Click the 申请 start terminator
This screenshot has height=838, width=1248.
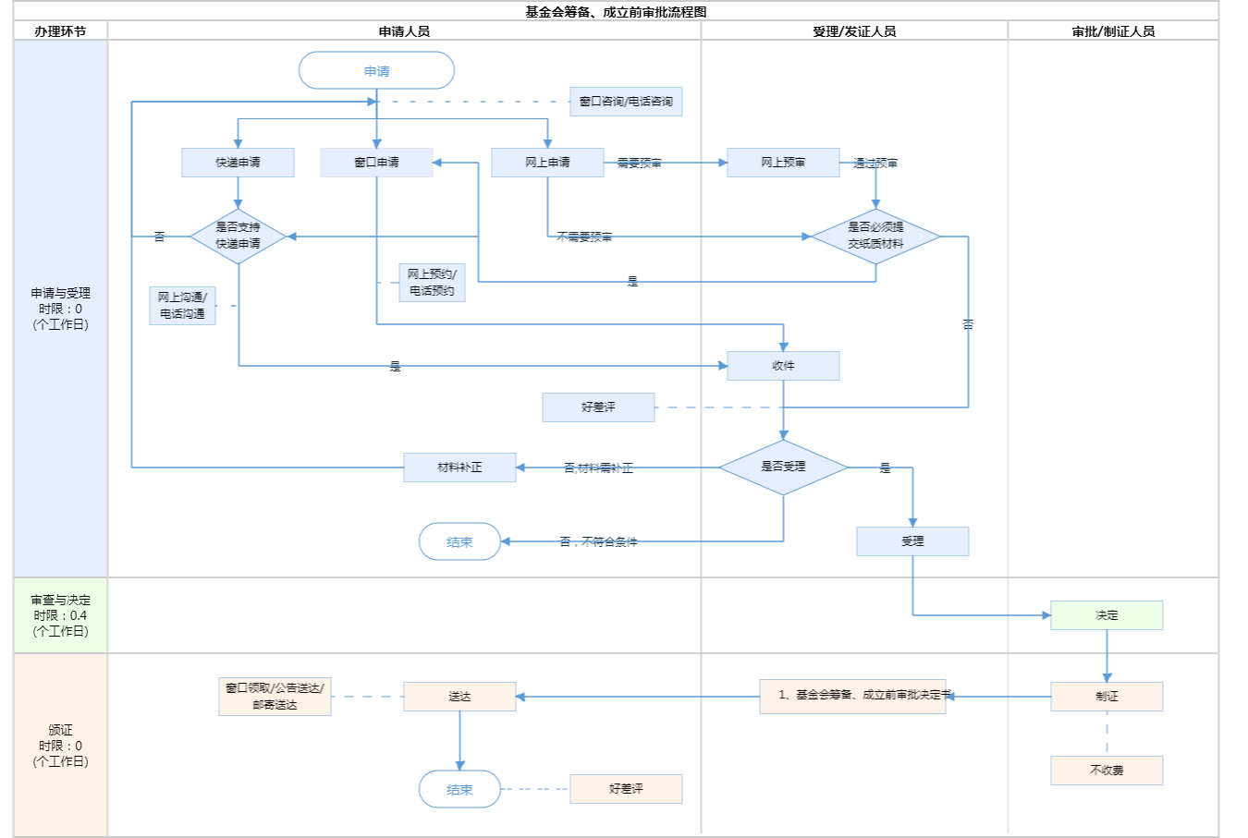tap(376, 71)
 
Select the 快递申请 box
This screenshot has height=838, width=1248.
tap(238, 163)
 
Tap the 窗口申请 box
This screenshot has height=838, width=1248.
tap(376, 163)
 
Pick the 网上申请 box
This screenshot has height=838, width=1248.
tap(547, 163)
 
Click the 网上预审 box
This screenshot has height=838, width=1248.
tap(783, 163)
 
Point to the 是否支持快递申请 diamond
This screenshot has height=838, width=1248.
tap(238, 236)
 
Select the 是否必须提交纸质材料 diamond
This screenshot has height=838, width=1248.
tap(875, 236)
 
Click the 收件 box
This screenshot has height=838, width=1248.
tap(783, 366)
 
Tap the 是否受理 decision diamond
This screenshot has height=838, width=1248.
tap(783, 467)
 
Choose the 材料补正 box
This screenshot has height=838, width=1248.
tap(459, 468)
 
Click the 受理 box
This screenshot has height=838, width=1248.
tap(912, 541)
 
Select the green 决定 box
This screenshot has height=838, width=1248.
tap(1107, 615)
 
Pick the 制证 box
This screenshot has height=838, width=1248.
tap(1107, 697)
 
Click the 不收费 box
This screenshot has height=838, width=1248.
tap(1107, 771)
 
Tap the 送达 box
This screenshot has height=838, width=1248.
tap(459, 697)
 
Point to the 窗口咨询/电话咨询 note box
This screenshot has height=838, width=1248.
tap(626, 102)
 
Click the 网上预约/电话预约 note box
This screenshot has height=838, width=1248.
tap(432, 283)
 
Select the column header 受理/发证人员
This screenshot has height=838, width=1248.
tap(854, 31)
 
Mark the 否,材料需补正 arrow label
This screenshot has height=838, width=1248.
tap(598, 468)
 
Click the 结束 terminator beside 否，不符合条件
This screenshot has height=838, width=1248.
tap(459, 542)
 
